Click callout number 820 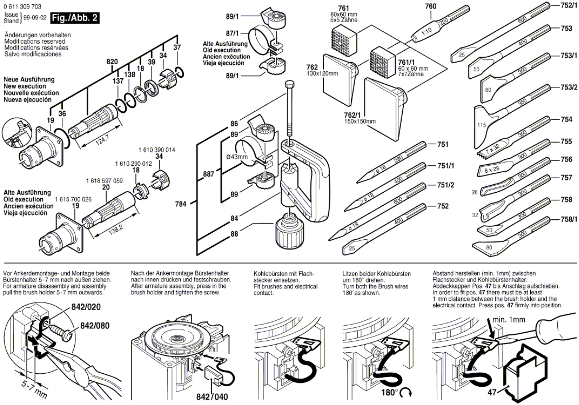click(112, 62)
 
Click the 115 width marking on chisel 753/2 click(481, 125)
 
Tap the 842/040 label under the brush click(212, 397)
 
